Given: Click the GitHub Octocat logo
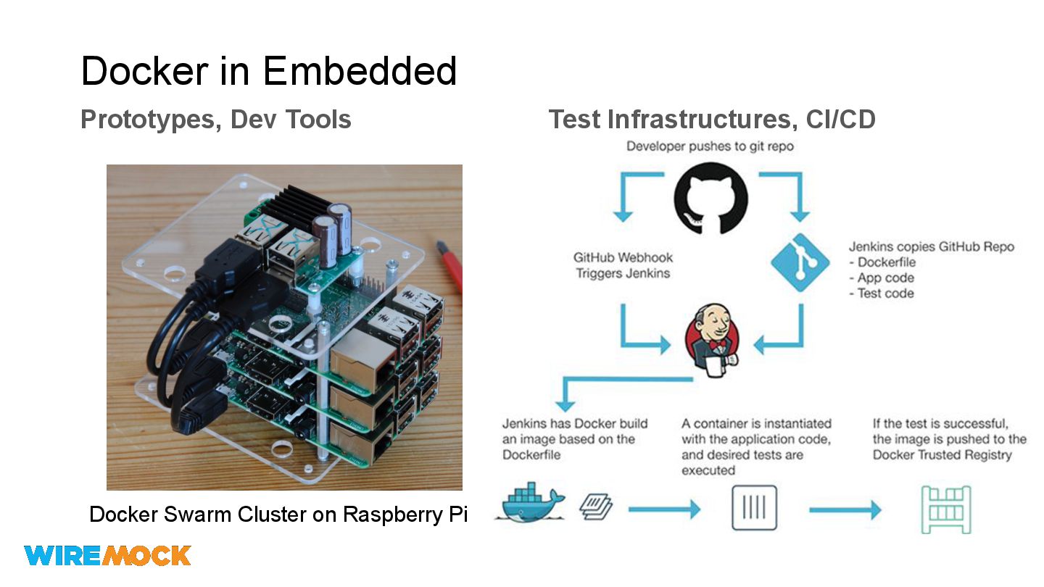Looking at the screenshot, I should point(710,196).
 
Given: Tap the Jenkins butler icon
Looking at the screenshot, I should point(712,341).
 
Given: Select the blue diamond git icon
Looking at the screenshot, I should point(800,262).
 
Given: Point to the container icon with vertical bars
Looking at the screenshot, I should point(754,508).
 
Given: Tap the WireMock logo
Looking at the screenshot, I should point(107,556).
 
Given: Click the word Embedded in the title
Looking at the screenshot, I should point(360,71).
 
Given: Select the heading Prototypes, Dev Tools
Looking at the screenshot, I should point(216,119).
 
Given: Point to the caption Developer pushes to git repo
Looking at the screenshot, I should point(710,146).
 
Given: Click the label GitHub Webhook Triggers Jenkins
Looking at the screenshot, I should point(623,265).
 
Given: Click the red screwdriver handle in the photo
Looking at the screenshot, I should point(451,268).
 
